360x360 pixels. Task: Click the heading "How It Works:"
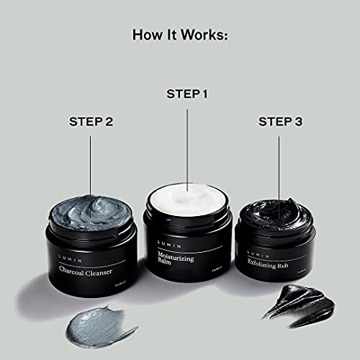coord(181,35)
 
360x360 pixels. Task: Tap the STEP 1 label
coord(187,94)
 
